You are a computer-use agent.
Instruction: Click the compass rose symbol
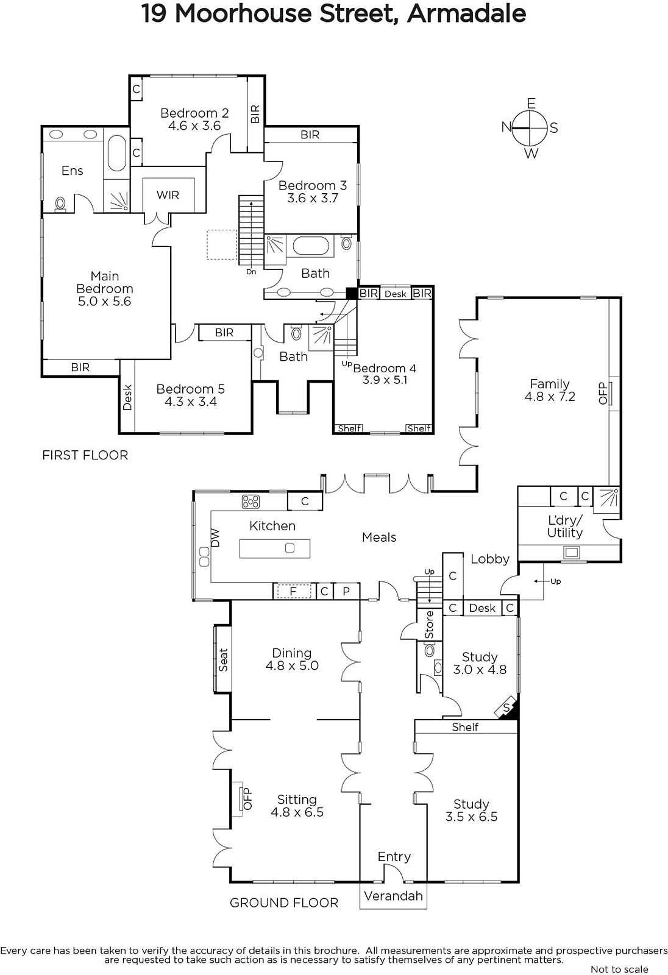[530, 129]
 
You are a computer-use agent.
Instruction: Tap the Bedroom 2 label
[194, 113]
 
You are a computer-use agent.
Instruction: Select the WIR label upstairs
[168, 195]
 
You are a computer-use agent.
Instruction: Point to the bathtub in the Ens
[116, 153]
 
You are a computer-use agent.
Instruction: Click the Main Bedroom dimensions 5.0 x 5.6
[104, 301]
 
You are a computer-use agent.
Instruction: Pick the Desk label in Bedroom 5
[127, 397]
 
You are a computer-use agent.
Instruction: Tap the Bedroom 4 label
[385, 368]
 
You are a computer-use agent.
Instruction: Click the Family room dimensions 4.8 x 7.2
[550, 397]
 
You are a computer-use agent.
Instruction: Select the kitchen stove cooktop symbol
[251, 502]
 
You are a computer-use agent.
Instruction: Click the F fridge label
[293, 592]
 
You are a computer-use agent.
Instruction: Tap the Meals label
[379, 537]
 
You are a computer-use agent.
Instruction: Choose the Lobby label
[490, 559]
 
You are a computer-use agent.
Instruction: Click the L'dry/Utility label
[565, 526]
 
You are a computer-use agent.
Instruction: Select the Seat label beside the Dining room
[224, 660]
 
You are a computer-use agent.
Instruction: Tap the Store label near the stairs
[429, 625]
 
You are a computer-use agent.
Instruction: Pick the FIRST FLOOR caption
[85, 455]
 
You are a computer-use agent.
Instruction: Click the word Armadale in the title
[466, 13]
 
